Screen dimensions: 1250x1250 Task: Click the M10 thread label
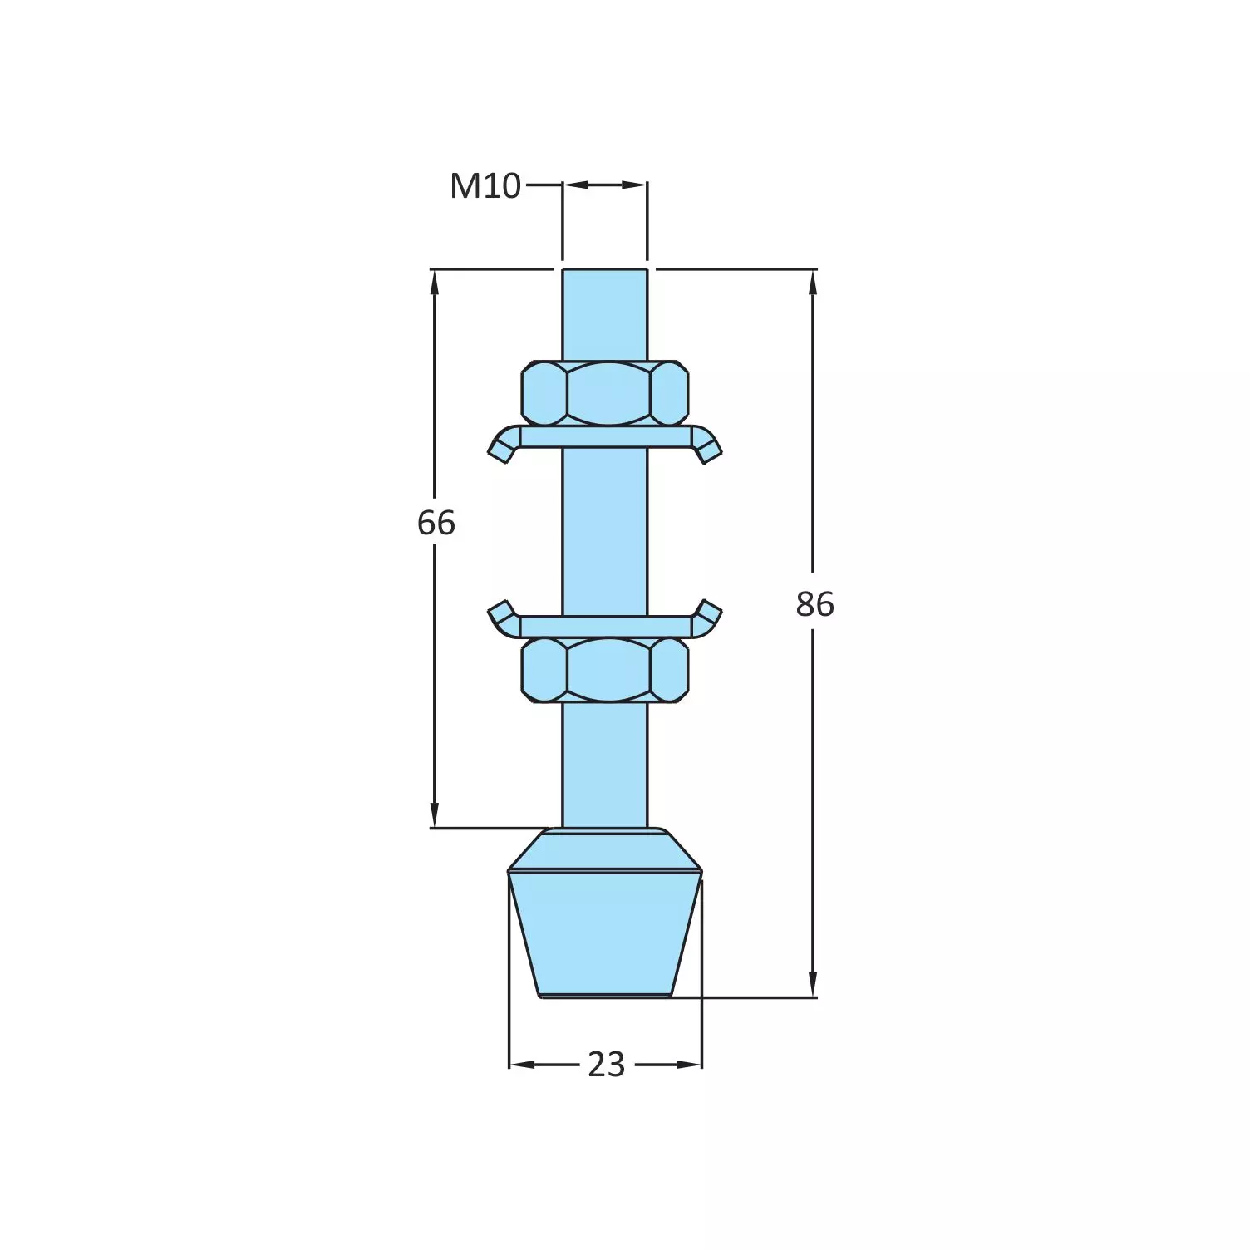tap(485, 186)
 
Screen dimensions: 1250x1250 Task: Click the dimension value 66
tap(436, 523)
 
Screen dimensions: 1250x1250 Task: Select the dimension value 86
tap(814, 604)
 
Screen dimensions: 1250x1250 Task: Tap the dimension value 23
tap(606, 1065)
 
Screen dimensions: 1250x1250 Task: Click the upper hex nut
tap(605, 392)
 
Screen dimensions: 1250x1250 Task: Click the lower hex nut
tap(605, 670)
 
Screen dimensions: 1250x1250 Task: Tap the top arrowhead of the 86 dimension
tap(813, 283)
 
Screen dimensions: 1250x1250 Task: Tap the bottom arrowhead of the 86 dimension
tap(813, 984)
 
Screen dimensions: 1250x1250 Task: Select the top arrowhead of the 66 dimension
tap(435, 283)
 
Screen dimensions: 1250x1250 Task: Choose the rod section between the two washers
tap(605, 532)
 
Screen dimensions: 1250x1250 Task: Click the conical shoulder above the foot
tap(605, 849)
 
